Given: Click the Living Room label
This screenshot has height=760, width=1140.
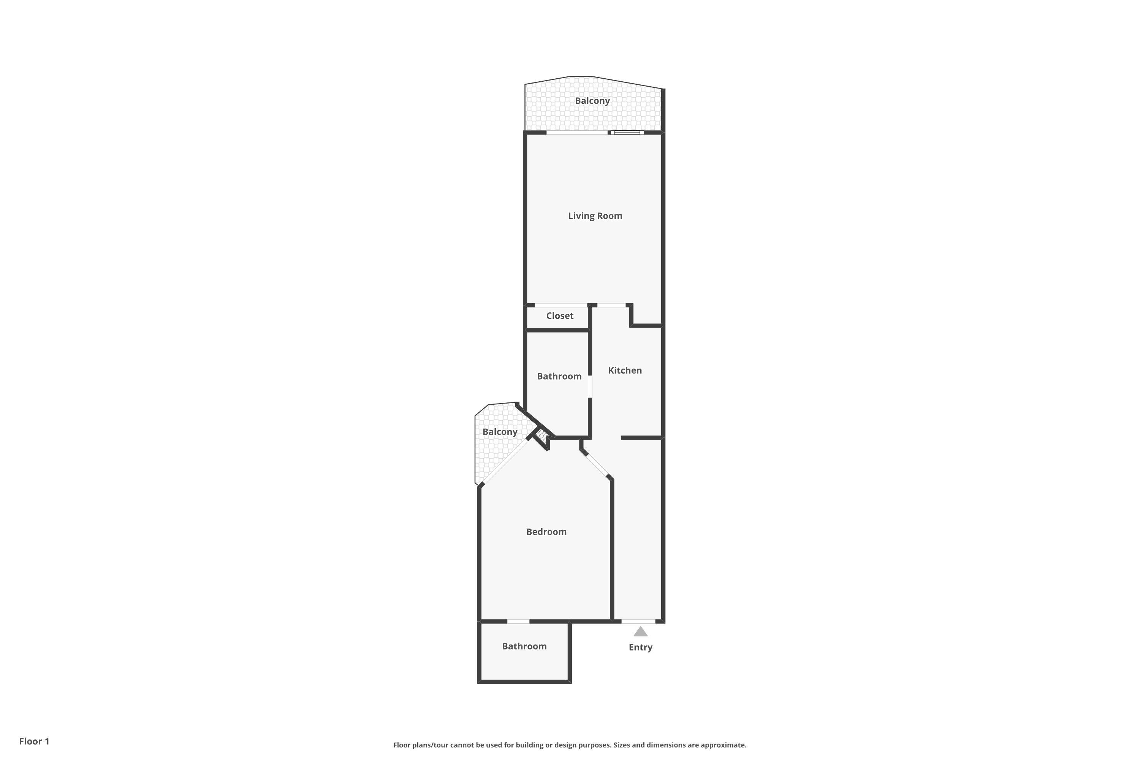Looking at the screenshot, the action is point(595,216).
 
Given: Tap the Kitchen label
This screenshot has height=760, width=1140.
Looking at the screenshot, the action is point(625,370).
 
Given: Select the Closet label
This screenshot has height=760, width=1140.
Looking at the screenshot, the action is point(560,315).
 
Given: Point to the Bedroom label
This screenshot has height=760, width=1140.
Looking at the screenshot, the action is point(546,532).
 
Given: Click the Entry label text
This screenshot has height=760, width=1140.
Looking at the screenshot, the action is point(640,647).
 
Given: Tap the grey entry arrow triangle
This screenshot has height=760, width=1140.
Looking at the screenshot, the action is point(640,632).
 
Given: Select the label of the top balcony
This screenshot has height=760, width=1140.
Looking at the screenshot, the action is point(592,101).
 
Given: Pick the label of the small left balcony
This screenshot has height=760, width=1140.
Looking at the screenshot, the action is point(500,432).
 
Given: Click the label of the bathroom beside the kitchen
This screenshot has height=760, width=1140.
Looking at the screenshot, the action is point(559,376).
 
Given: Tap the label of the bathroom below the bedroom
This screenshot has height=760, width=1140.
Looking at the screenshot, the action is point(524,646).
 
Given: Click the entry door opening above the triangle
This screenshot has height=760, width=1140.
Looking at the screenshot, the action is point(638,621).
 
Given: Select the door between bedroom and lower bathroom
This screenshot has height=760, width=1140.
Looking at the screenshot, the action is point(518,621).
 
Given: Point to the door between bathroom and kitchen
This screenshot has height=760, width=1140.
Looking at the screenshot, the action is point(590,387).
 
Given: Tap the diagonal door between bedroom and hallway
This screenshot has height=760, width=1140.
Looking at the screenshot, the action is point(597,465).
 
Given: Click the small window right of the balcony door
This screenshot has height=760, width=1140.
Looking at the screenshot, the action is point(627,132).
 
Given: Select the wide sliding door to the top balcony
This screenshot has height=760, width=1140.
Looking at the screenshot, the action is point(577,132).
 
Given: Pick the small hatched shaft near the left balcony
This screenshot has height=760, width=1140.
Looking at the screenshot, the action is point(541,434).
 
